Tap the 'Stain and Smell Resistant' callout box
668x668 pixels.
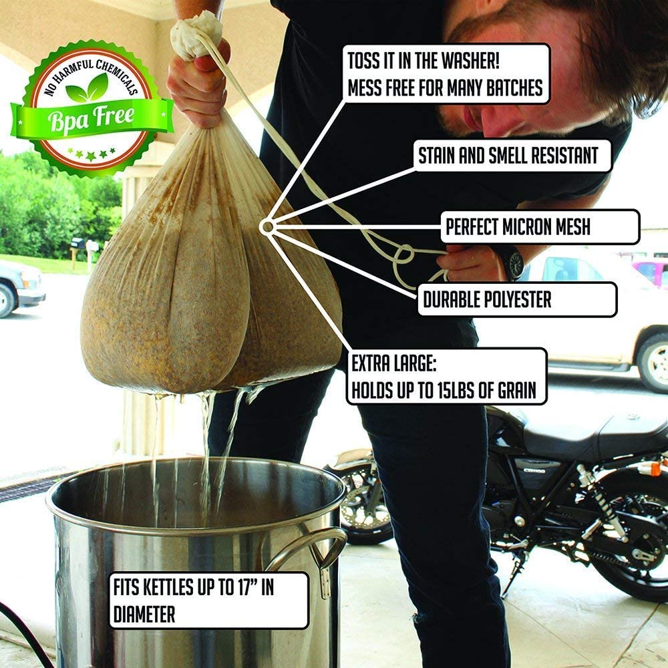[x=508, y=156]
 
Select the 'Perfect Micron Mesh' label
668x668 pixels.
[x=518, y=226]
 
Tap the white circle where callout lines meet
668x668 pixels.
[x=267, y=227]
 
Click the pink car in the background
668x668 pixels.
[x=650, y=271]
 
